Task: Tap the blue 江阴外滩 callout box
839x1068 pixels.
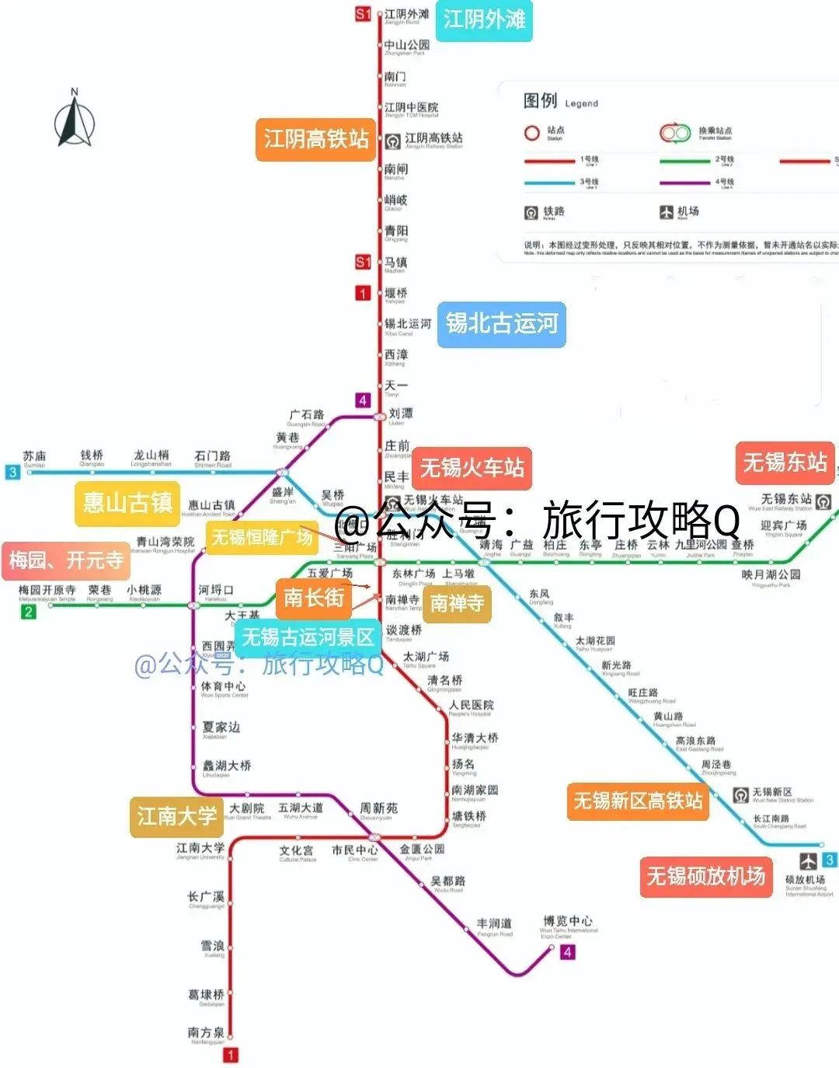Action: tap(484, 20)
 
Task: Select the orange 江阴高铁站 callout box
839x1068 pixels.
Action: tap(315, 140)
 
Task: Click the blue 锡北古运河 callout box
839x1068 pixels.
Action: tap(501, 323)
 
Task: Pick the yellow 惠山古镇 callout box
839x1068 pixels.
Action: tap(127, 503)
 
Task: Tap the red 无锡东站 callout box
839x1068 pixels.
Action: tap(785, 463)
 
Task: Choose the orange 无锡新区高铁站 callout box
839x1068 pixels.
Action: tap(638, 801)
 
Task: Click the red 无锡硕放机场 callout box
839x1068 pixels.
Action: tap(705, 877)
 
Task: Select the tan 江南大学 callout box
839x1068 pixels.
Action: tap(176, 816)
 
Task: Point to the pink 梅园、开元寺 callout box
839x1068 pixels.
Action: tap(66, 560)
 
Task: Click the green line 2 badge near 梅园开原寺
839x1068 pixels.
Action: tap(28, 612)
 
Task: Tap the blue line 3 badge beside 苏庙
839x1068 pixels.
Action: tap(12, 472)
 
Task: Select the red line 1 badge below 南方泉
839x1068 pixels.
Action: tap(231, 1055)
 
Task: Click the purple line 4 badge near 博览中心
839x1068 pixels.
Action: tap(568, 952)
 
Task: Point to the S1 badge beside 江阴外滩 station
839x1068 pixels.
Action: tap(363, 14)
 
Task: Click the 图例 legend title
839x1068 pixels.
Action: tap(541, 101)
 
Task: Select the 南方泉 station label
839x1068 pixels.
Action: tap(206, 1033)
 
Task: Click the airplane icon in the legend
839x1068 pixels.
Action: tap(666, 211)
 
